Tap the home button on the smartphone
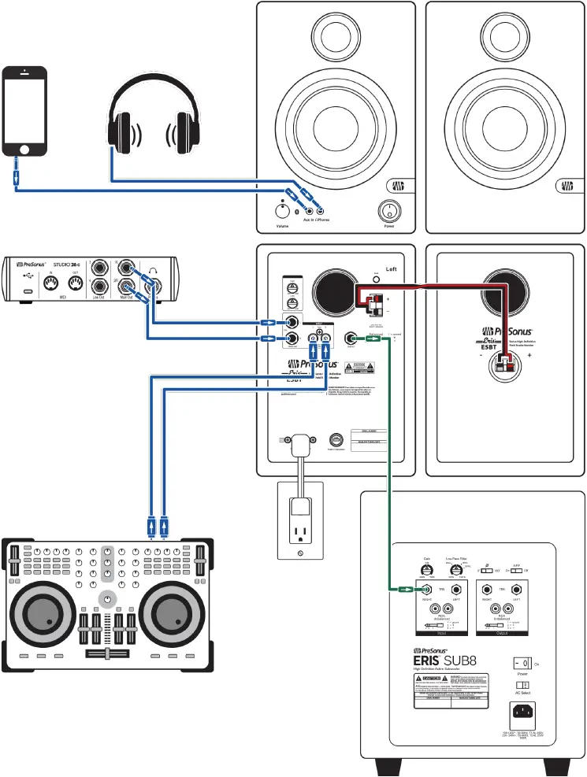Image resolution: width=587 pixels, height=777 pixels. point(25,148)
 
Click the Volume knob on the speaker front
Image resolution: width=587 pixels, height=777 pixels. point(281,211)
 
